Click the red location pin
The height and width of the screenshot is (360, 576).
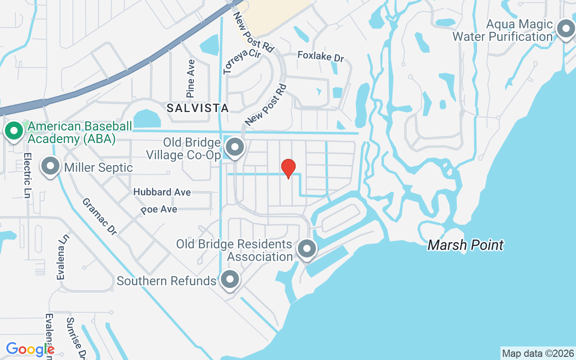coord(288,168)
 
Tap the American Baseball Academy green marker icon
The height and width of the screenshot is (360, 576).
coord(14,131)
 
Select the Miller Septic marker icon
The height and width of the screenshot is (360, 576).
coord(50,166)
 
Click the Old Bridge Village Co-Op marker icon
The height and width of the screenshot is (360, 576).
coord(234,147)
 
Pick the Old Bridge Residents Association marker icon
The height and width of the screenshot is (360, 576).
coord(307,248)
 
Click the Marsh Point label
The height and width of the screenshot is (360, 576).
coord(465,245)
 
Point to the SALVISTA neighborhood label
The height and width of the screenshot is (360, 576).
coord(198,108)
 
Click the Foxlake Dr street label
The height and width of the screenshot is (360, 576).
coord(321,56)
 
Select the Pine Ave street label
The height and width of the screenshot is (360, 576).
coord(191,79)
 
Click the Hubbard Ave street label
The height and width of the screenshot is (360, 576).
coord(162,192)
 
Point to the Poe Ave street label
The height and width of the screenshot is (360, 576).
coord(158,210)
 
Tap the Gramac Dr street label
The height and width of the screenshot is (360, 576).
coord(99,216)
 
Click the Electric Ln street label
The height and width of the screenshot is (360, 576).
coord(27,175)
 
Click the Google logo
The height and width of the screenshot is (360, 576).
coord(30,349)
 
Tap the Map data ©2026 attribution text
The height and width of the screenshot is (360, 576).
coord(538,353)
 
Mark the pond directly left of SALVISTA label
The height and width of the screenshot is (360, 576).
coord(146,118)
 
